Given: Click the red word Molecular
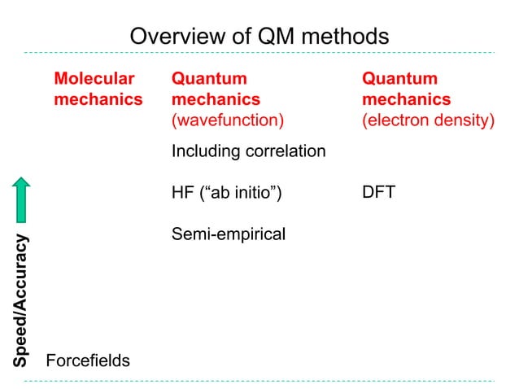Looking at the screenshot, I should click(94, 79).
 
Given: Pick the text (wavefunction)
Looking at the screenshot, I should click(228, 120).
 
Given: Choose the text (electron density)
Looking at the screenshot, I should click(428, 120).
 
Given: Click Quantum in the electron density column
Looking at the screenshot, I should click(399, 79).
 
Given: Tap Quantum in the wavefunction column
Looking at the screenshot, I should click(209, 79).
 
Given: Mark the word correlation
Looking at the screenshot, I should click(286, 151).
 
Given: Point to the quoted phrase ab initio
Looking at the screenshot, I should click(244, 194).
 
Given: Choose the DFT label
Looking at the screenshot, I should click(378, 194).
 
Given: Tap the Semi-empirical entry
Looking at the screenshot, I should click(229, 235).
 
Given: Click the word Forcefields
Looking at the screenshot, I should click(88, 360).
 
